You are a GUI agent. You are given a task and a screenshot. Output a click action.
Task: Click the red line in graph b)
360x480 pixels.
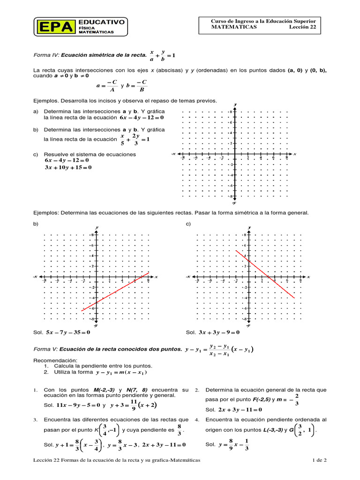pyautogui.click(x=115, y=292)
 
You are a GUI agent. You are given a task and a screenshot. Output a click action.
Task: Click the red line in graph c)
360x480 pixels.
pyautogui.click(x=265, y=274)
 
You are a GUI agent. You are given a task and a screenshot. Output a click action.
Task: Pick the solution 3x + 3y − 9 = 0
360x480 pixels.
pyautogui.click(x=219, y=332)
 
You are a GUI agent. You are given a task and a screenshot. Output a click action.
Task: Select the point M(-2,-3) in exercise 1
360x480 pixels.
pyautogui.click(x=103, y=390)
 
